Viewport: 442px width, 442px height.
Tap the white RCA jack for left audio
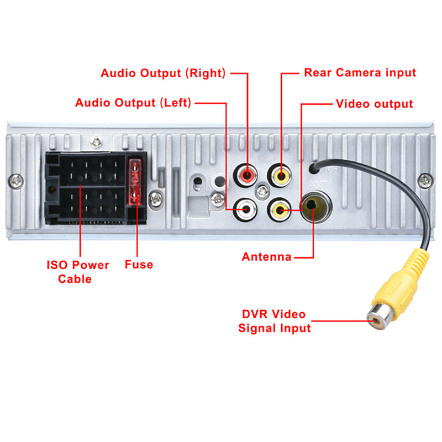[245, 208]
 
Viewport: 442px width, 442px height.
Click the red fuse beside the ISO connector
[134, 181]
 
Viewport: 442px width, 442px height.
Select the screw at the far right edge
[424, 179]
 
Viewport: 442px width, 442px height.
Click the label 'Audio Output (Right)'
[163, 73]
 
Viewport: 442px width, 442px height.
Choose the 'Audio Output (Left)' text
[133, 103]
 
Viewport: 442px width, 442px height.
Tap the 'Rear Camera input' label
[360, 72]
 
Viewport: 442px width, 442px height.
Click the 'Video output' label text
[374, 104]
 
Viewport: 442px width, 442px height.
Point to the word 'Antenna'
[266, 256]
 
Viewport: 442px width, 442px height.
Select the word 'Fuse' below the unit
[138, 265]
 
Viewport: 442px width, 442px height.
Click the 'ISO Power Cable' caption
[77, 272]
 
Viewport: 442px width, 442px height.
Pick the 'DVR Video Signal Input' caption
[274, 321]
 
